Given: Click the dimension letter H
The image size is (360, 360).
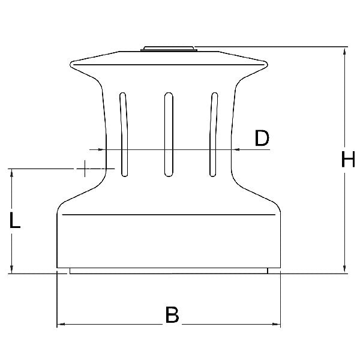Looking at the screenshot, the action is click(x=348, y=159).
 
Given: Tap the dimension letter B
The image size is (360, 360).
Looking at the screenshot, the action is click(x=172, y=314).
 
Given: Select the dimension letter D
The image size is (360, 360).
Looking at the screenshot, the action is click(x=262, y=138).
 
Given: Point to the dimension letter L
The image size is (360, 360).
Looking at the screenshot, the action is click(x=15, y=220).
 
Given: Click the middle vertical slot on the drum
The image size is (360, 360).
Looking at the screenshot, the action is click(x=169, y=134).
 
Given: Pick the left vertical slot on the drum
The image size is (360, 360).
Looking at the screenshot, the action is click(x=124, y=134).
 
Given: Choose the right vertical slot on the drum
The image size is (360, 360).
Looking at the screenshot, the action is click(x=214, y=134).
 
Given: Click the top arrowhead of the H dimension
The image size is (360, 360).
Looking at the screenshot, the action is click(x=344, y=51).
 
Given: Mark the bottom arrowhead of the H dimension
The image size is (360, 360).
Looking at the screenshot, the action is click(x=344, y=269).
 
